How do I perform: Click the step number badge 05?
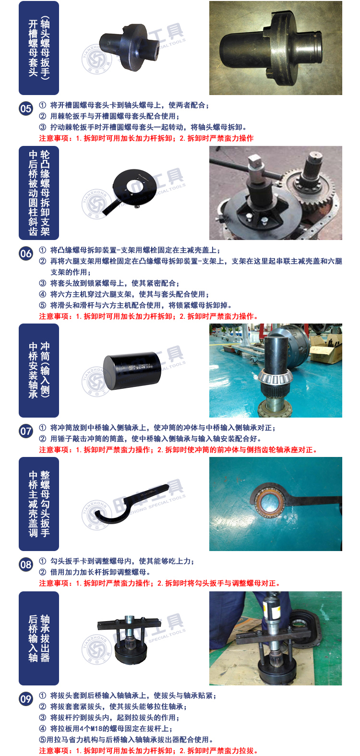(25, 108)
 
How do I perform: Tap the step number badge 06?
(25, 253)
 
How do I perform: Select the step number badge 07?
(25, 431)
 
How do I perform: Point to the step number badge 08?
(25, 564)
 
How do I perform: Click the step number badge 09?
(25, 698)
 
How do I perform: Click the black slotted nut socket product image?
(130, 47)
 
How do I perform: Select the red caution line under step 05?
(146, 138)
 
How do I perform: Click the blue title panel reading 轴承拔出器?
(39, 638)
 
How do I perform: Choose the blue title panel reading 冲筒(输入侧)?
(39, 370)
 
